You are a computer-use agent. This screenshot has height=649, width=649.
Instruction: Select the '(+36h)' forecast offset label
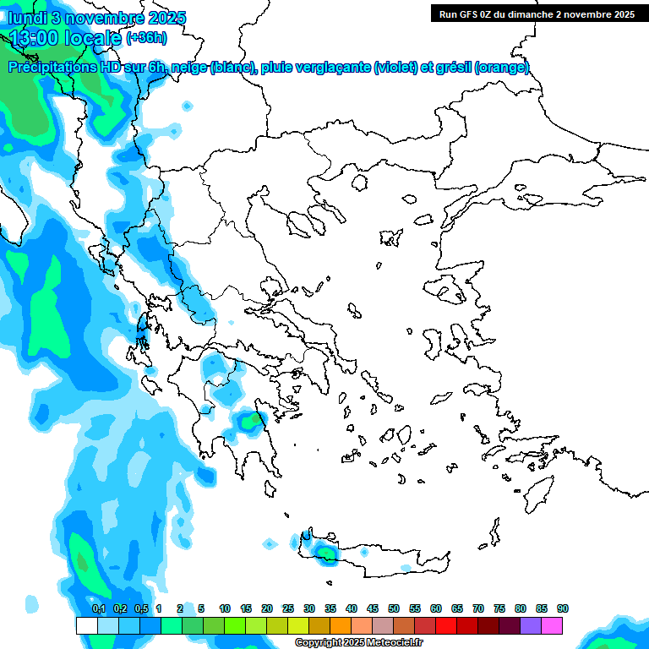pos(146,38)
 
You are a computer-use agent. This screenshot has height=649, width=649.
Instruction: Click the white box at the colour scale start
pos(86,625)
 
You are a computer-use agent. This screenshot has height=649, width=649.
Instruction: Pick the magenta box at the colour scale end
pos(552,625)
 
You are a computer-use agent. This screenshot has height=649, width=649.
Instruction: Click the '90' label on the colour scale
pos(563,608)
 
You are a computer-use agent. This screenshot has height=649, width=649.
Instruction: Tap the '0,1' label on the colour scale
pos(98,608)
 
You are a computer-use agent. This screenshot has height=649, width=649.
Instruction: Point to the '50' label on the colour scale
pos(394,608)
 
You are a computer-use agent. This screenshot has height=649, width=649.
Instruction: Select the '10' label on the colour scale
pos(225,608)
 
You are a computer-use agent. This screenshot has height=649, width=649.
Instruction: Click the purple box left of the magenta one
pos(531,625)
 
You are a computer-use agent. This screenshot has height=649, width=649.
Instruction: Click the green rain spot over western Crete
pos(325,552)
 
